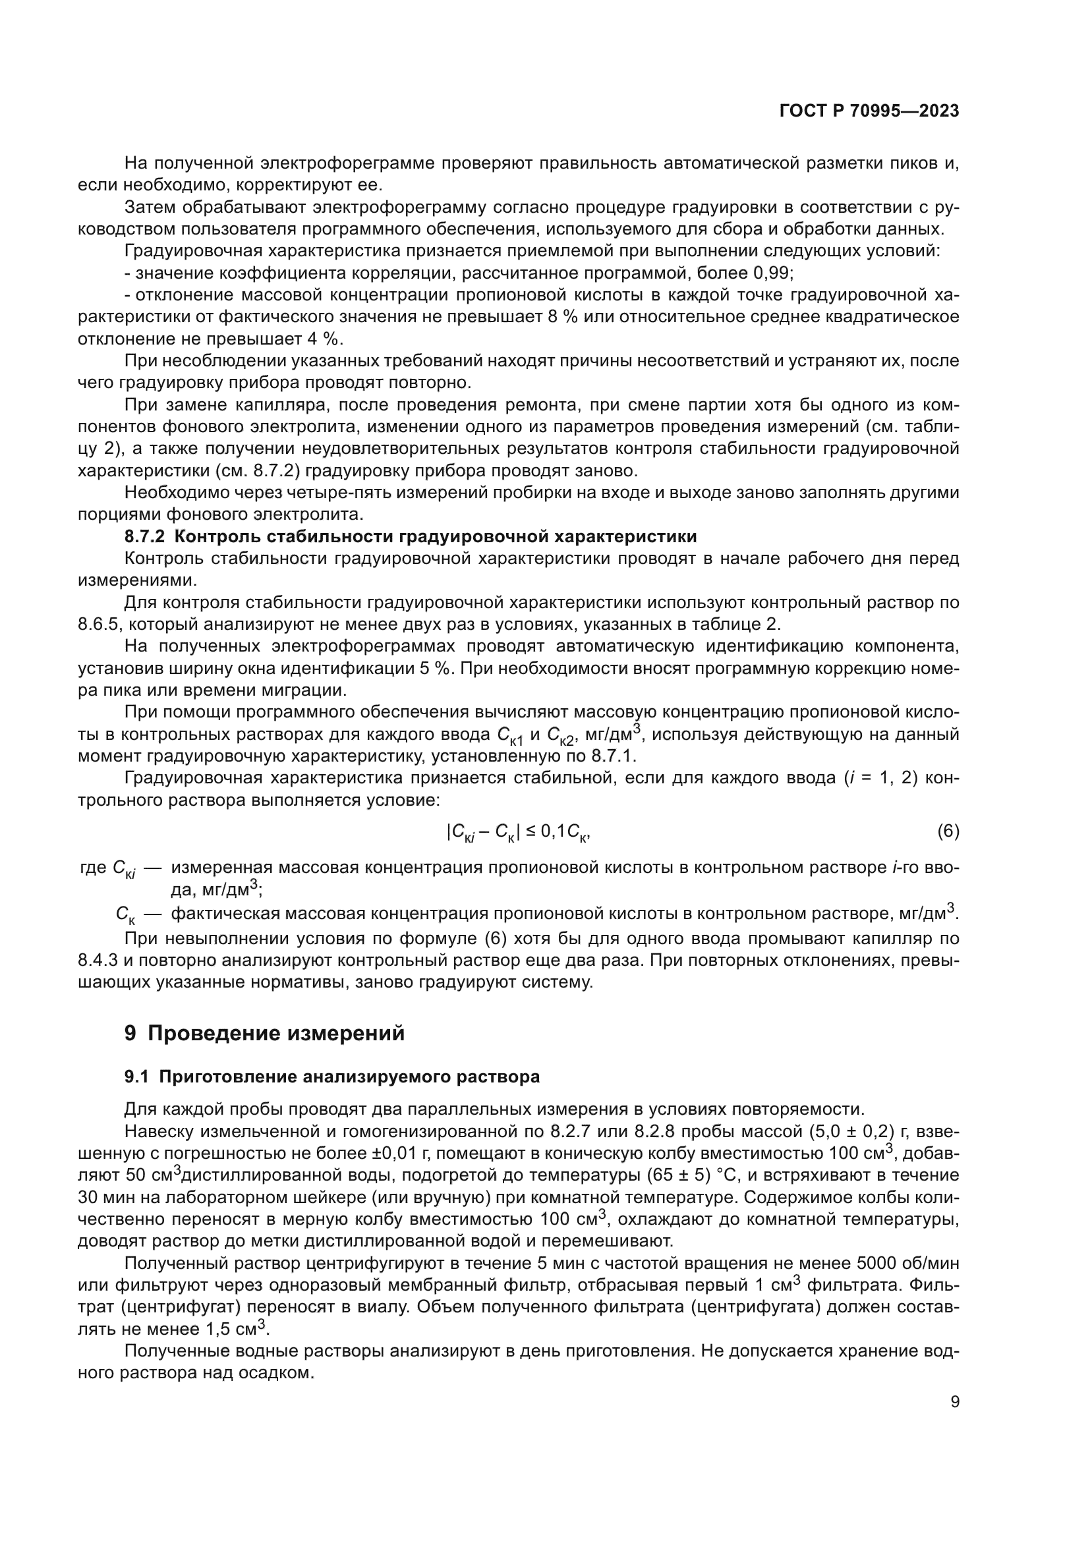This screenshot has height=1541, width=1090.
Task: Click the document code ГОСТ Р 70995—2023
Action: (x=869, y=111)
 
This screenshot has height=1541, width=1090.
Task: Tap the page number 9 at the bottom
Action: (x=955, y=1402)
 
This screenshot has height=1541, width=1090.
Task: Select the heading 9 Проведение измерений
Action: (x=264, y=1033)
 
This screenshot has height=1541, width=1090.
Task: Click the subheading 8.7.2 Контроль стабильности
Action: (x=410, y=536)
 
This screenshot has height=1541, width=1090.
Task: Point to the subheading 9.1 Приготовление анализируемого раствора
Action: (x=331, y=1077)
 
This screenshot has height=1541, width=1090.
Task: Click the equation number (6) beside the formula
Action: (x=948, y=831)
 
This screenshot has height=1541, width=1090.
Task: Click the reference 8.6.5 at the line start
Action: (x=99, y=624)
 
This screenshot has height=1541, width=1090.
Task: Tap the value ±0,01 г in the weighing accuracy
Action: (x=395, y=1153)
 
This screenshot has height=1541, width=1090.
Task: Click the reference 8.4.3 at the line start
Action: (x=100, y=960)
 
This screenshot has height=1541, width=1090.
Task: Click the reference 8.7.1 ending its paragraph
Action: (x=612, y=756)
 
